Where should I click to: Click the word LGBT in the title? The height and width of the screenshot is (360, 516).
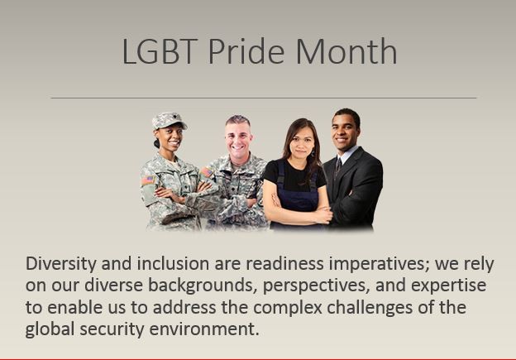coord(160,51)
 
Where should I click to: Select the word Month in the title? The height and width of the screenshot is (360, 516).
coord(346,50)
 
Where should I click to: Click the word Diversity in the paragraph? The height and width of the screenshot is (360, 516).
coord(61,265)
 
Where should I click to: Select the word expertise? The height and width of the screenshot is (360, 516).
coord(448,286)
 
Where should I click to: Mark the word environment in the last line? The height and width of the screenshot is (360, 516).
coord(204,329)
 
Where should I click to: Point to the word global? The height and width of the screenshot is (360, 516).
coord(50,330)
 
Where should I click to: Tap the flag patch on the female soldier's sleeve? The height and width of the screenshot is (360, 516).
coord(148,180)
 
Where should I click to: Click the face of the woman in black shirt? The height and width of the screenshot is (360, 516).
coord(301,144)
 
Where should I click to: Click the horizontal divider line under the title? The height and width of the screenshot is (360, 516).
coord(264,98)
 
